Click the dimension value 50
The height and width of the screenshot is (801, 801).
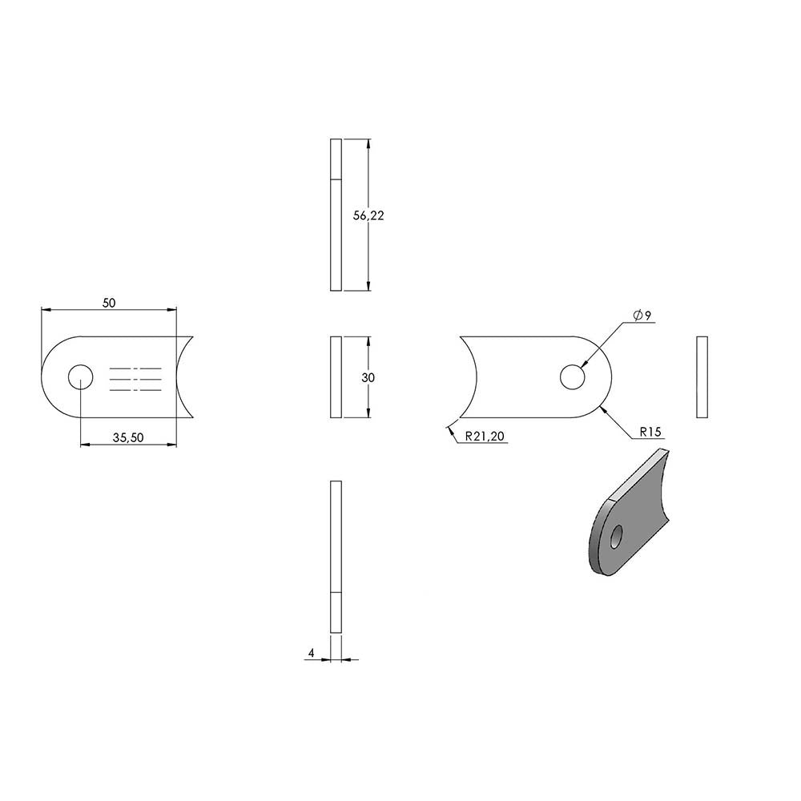pos(109,303)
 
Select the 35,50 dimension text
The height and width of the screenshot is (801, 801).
pos(128,438)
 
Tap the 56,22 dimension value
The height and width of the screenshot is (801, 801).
pos(368,215)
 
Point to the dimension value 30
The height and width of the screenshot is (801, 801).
pos(368,377)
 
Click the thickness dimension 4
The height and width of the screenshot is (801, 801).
pos(311,653)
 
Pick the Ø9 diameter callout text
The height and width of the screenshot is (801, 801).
pos(642,316)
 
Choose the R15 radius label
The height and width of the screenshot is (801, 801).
pos(650,432)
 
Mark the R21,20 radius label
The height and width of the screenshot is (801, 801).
pos(485,436)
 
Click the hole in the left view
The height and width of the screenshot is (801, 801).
pos(81,377)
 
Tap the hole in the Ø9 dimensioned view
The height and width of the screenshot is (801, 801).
pos(572,377)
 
